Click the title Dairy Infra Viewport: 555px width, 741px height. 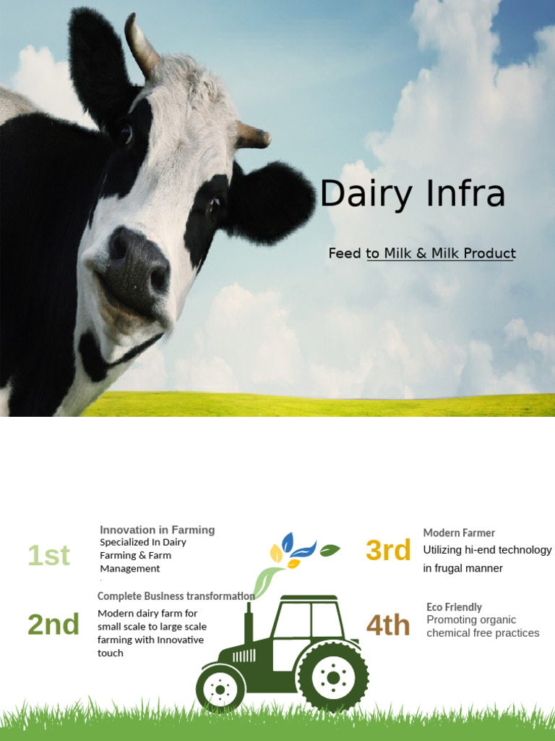[412, 194]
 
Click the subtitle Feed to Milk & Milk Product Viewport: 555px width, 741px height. [422, 253]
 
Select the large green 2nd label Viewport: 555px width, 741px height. [53, 624]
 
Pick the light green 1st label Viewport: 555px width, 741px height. [48, 556]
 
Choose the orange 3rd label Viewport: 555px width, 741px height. [388, 551]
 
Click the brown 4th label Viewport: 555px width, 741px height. [388, 625]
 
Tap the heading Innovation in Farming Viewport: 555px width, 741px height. [157, 530]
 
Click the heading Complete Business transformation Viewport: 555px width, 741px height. [176, 596]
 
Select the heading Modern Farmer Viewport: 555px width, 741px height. [459, 533]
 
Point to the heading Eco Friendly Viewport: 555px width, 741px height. [454, 606]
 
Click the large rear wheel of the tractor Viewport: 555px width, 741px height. [332, 677]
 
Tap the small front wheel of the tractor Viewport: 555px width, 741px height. [220, 688]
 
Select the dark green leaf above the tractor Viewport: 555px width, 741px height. [330, 550]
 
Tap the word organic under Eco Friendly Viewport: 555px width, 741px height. [499, 619]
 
